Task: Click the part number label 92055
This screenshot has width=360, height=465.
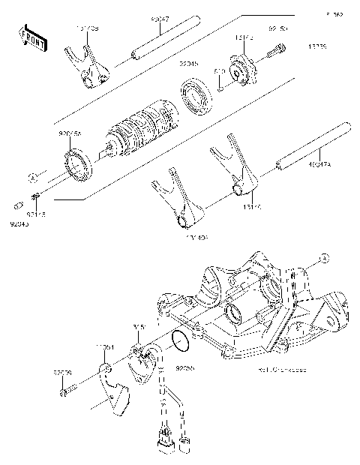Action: pyautogui.click(x=185, y=369)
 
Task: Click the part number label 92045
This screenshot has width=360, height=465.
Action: pyautogui.click(x=188, y=65)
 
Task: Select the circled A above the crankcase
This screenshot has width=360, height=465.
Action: pyautogui.click(x=323, y=258)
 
